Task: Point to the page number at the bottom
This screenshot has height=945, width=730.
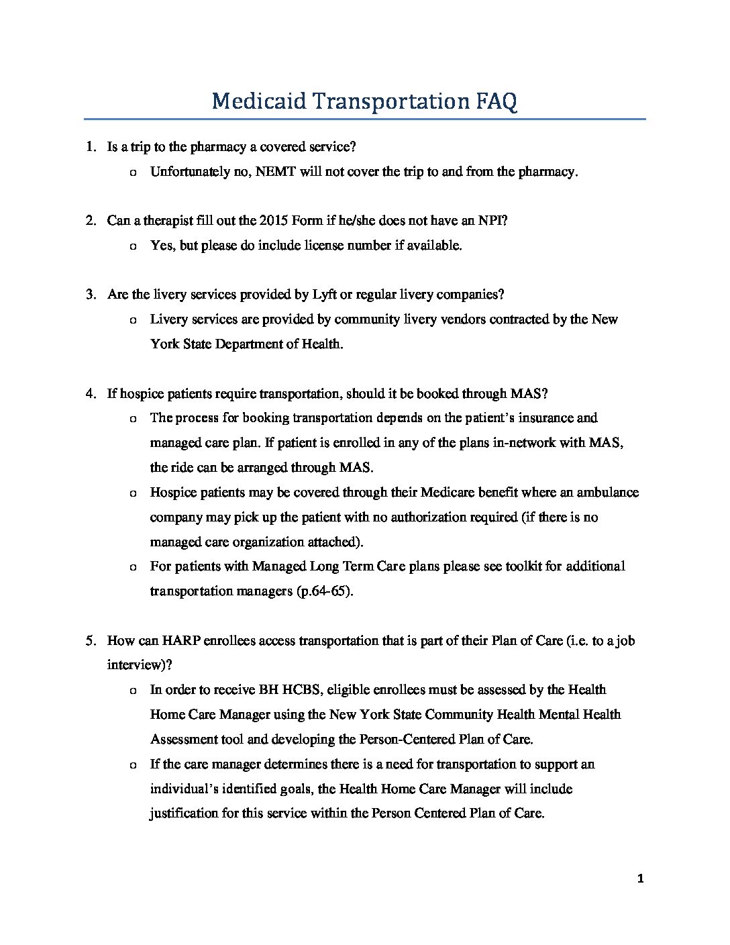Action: coord(641,879)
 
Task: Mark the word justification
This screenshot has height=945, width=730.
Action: coord(181,813)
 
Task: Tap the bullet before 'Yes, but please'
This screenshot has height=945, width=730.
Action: coord(132,246)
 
